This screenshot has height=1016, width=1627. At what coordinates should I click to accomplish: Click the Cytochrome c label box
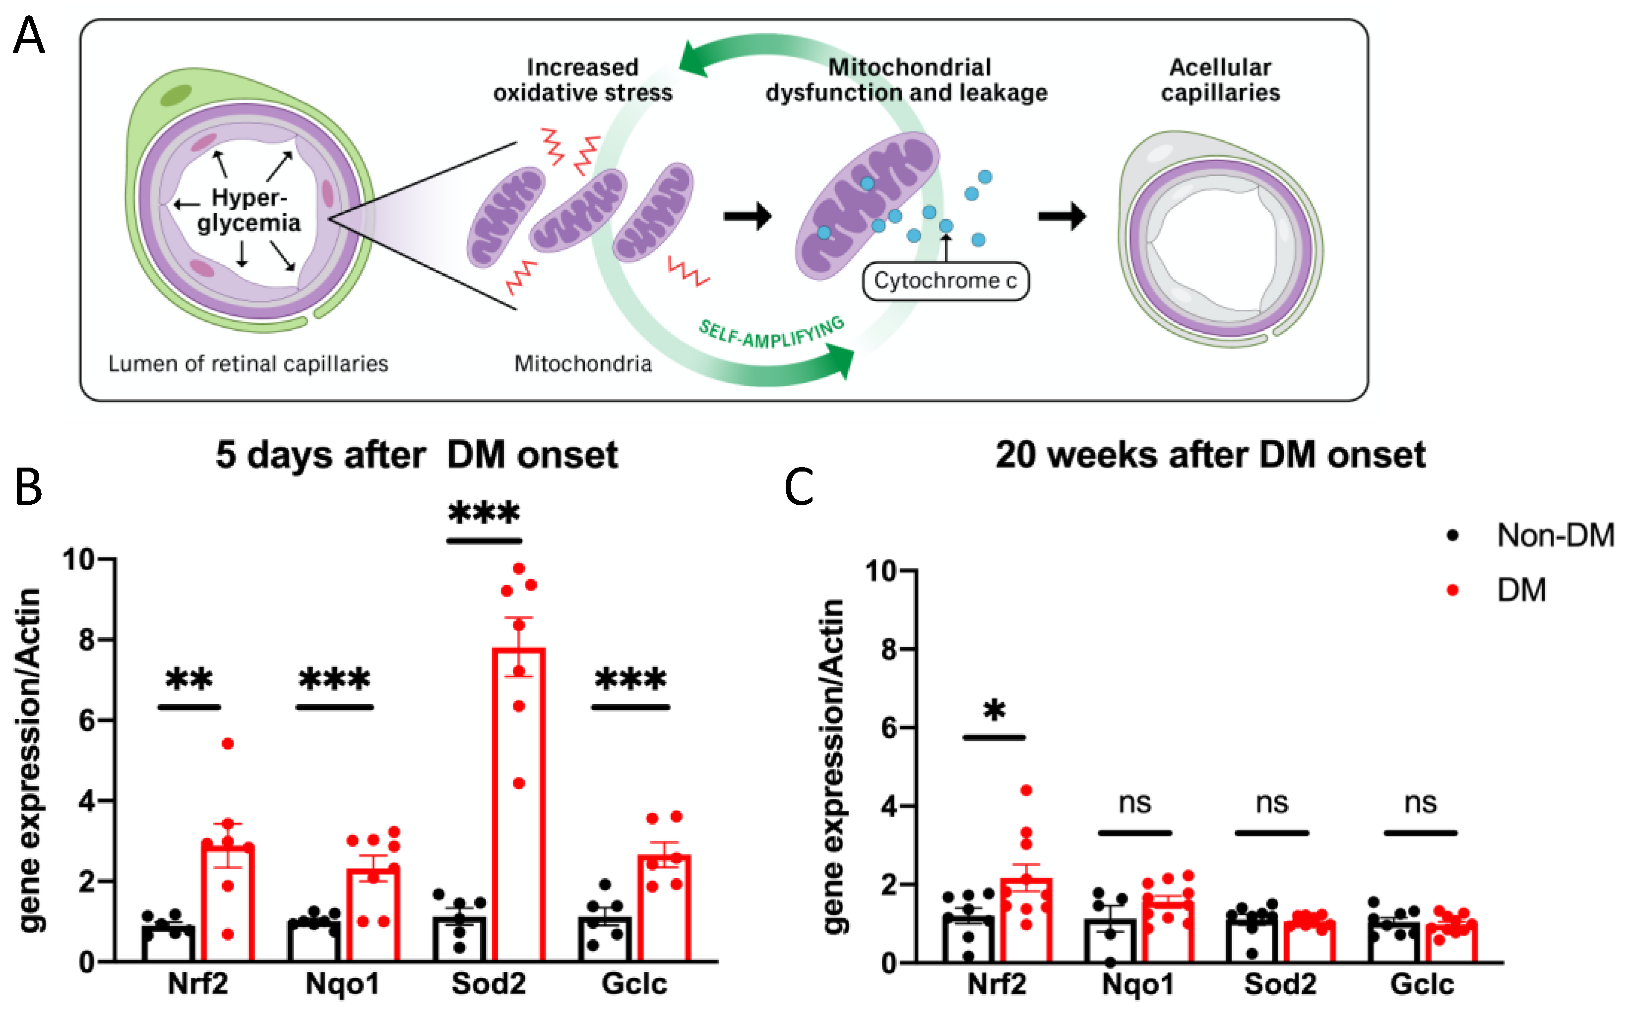[x=945, y=281]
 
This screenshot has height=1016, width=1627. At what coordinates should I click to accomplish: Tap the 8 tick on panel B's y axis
[x=88, y=639]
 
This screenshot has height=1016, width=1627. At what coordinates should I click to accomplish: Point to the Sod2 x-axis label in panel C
[x=1280, y=984]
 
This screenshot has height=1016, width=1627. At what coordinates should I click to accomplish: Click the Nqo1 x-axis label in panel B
[x=342, y=984]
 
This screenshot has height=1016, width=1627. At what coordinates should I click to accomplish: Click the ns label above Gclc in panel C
[x=1420, y=803]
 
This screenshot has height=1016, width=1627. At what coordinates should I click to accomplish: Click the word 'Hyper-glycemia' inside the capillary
[x=249, y=210]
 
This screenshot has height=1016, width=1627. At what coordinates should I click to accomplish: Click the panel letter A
[x=29, y=37]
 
